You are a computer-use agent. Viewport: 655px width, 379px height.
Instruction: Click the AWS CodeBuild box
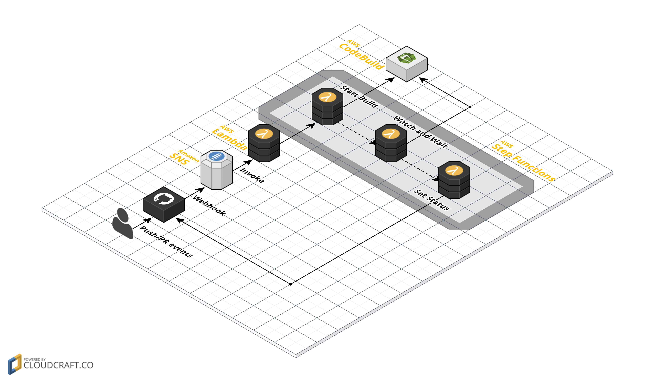(407, 64)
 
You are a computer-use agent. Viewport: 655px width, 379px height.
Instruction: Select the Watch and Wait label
(420, 132)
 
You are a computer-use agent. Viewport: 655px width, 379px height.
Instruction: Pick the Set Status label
(432, 200)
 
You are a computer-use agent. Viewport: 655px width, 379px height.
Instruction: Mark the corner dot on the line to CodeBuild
(470, 107)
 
